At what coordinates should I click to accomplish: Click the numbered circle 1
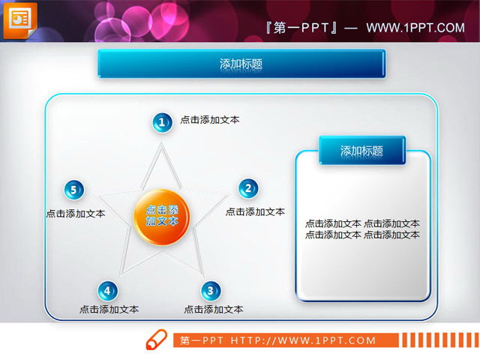[x=161, y=123]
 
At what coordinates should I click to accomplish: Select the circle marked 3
[x=211, y=291]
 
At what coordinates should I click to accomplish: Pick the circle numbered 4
[x=107, y=291]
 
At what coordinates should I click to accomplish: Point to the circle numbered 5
[x=73, y=190]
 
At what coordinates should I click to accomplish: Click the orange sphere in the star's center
[x=161, y=217]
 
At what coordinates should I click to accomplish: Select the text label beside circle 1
[x=210, y=120]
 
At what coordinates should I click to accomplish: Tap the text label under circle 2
[x=255, y=212]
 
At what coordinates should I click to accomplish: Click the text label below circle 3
[x=213, y=309]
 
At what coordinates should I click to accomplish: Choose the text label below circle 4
[x=109, y=309]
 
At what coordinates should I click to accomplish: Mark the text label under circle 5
[x=75, y=214]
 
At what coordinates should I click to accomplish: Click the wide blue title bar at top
[x=241, y=64]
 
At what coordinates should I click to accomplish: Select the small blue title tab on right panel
[x=361, y=151]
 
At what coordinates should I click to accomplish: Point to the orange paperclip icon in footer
[x=156, y=339]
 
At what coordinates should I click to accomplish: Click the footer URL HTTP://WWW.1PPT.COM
[x=303, y=340]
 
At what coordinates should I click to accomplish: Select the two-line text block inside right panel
[x=362, y=229]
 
